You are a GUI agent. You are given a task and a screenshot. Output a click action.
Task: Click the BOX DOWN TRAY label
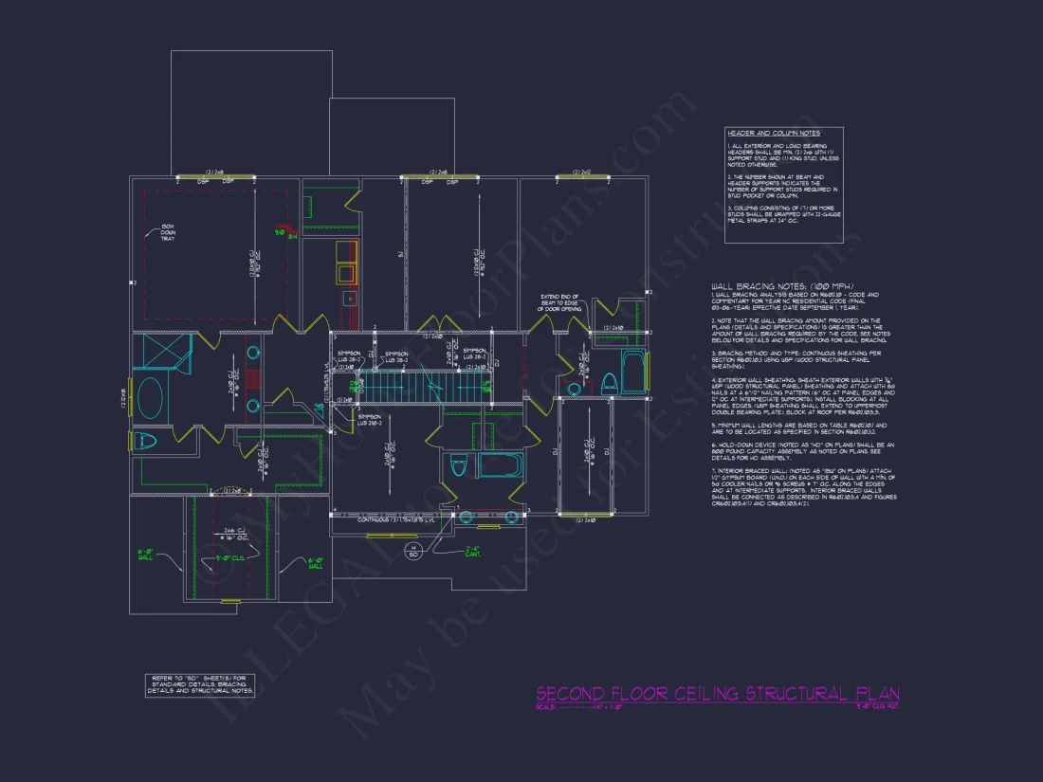169,232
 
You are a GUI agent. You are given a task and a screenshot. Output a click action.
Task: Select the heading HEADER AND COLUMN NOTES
771,134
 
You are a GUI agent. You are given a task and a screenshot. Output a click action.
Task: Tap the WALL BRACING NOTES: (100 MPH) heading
782,285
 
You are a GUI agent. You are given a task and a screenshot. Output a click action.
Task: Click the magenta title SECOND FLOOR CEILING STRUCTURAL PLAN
717,694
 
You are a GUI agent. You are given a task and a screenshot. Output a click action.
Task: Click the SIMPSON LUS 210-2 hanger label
370,417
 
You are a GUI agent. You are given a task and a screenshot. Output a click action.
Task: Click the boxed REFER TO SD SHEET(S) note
200,684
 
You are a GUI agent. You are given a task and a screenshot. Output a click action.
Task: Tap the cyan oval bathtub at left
150,396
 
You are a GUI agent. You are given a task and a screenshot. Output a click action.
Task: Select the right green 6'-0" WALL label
316,564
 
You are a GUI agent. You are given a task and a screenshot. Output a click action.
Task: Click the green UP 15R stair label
486,387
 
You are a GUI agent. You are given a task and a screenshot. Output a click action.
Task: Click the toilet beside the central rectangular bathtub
459,467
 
